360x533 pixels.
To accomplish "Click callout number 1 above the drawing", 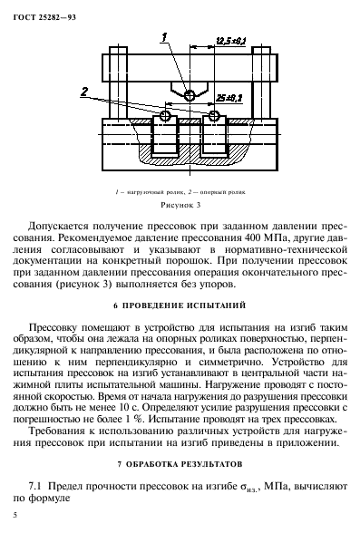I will tap(164, 36).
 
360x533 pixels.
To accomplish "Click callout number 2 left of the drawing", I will tap(83, 91).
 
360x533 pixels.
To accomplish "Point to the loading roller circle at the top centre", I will tap(190, 95).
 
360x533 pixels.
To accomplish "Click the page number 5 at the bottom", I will tap(17, 516).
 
